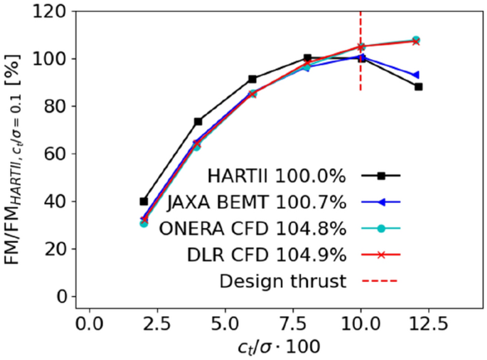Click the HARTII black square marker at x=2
(144, 201)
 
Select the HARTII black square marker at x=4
(198, 122)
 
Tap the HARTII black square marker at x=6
(252, 79)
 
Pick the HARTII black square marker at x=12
(418, 87)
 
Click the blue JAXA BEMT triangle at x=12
(416, 75)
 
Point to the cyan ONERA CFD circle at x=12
(416, 41)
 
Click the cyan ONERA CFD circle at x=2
(144, 223)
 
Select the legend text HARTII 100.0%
(277, 176)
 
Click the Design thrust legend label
(282, 281)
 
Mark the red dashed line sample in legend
(380, 281)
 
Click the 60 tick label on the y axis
(59, 154)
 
